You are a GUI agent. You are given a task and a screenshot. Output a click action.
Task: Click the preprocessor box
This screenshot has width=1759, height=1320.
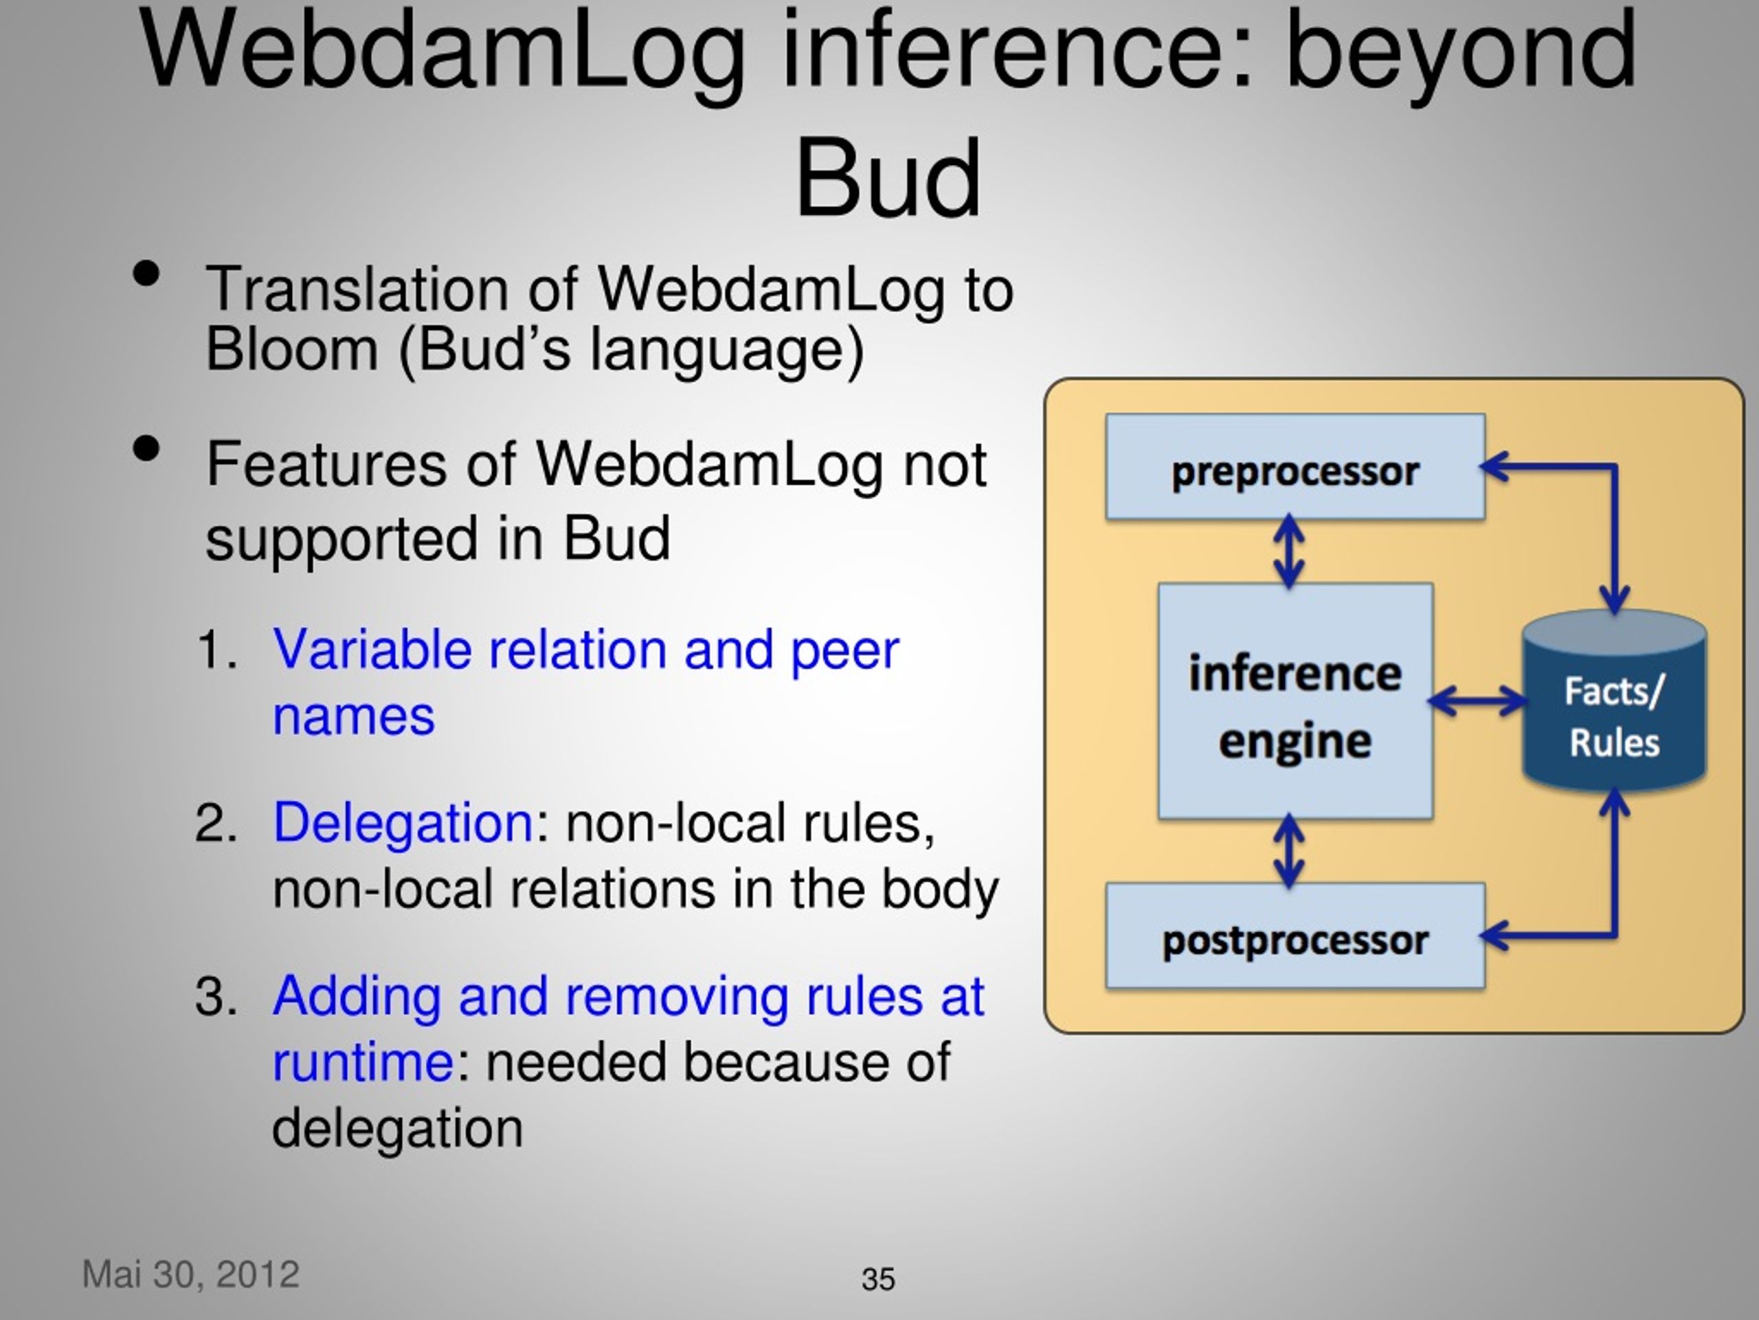point(1295,467)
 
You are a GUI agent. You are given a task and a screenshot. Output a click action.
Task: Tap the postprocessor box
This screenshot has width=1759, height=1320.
point(1295,936)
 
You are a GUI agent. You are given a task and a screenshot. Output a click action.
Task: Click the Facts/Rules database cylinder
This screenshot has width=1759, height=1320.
point(1614,700)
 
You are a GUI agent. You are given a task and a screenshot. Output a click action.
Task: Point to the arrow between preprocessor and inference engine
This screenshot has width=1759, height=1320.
point(1289,551)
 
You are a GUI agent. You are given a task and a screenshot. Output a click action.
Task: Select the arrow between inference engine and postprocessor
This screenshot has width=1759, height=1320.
point(1289,850)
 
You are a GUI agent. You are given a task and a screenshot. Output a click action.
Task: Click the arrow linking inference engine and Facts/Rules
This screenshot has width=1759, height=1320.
point(1477,701)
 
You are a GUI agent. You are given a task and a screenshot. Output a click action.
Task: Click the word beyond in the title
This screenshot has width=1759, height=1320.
point(1461,49)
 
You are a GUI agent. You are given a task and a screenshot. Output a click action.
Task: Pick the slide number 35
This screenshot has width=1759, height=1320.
point(878,1279)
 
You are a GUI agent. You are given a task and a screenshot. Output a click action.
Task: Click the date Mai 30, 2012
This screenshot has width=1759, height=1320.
point(191,1275)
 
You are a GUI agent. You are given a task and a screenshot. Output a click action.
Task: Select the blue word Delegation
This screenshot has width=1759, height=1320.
point(403,822)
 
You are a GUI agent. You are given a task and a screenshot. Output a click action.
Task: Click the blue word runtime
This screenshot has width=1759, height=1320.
point(363,1061)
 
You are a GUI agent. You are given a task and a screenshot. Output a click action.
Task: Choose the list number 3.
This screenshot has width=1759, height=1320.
point(216,995)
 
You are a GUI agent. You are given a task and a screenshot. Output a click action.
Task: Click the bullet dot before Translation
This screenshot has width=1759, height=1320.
point(146,274)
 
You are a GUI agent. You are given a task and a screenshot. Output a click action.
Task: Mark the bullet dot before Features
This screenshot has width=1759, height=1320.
point(146,449)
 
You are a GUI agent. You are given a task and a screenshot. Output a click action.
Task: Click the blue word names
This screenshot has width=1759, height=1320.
point(354,716)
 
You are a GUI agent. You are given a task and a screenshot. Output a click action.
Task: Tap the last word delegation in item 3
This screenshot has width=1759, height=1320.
point(398,1127)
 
